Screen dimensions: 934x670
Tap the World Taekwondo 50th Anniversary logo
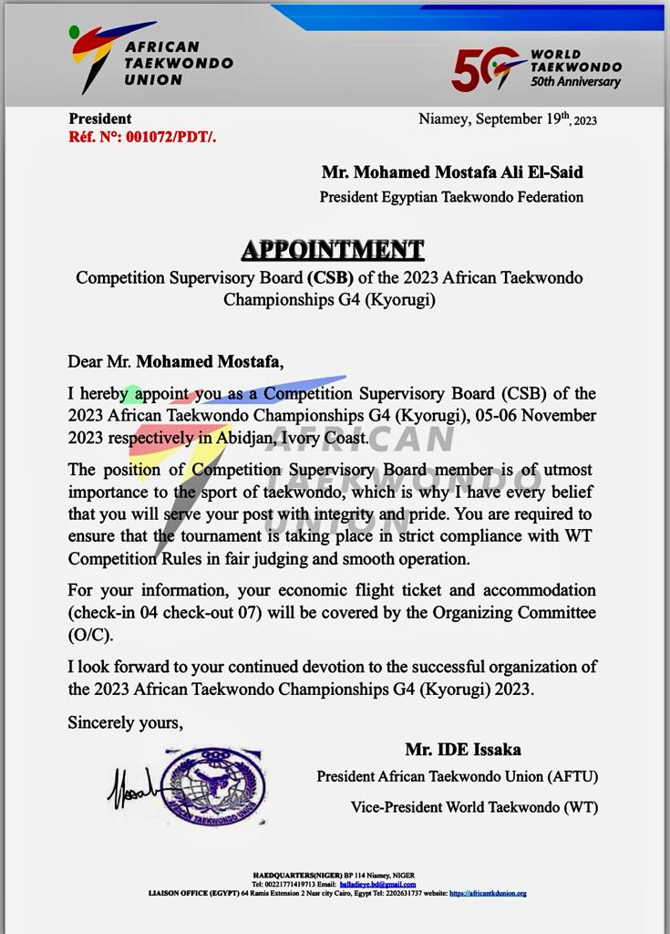click(536, 69)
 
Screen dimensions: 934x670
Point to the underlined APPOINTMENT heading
click(333, 249)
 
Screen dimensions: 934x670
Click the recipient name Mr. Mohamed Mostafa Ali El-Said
click(451, 171)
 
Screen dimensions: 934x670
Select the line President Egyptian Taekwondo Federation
click(451, 196)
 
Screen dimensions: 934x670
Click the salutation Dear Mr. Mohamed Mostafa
click(175, 361)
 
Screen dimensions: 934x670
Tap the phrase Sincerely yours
click(126, 722)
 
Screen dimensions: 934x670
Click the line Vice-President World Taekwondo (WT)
click(474, 807)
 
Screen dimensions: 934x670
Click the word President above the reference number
click(100, 119)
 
